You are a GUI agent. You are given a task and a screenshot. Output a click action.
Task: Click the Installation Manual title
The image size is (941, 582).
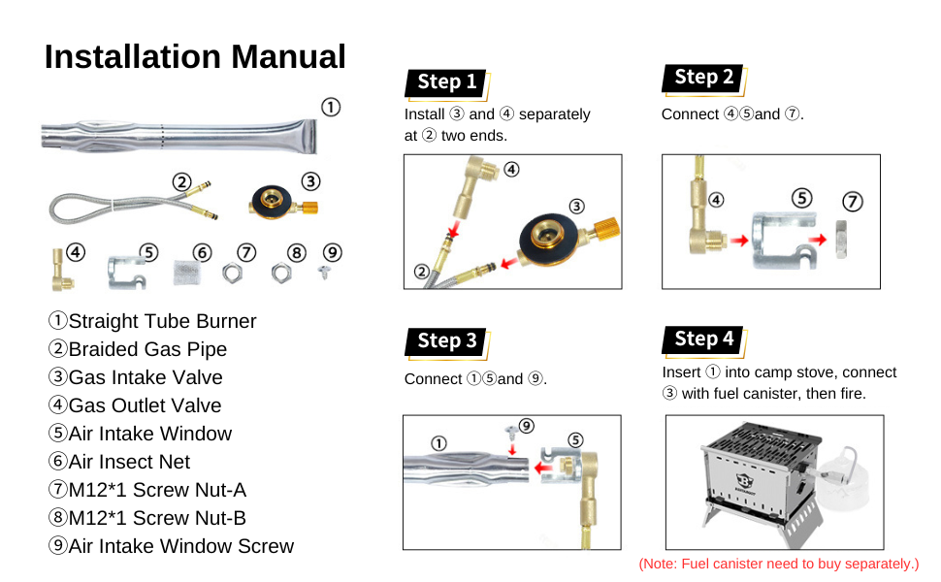click(x=195, y=57)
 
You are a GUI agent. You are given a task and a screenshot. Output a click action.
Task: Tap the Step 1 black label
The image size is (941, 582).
click(x=446, y=82)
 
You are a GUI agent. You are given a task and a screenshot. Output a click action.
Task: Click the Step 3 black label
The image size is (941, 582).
click(x=446, y=341)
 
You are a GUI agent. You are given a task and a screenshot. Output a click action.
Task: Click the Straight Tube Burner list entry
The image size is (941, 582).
click(x=152, y=321)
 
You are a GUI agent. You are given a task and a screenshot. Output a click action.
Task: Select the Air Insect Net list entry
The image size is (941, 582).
click(x=119, y=462)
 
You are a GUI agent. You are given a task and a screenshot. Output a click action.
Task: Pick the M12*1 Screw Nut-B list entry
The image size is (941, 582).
click(x=147, y=518)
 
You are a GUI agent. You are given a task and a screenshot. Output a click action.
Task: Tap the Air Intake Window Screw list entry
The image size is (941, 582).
click(x=171, y=546)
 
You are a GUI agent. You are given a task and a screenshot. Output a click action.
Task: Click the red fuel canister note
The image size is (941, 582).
click(x=778, y=564)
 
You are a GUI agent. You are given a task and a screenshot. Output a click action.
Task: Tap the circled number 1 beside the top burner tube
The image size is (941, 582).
click(x=331, y=108)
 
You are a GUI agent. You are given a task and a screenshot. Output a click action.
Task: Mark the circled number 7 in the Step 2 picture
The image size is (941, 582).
click(x=852, y=202)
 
